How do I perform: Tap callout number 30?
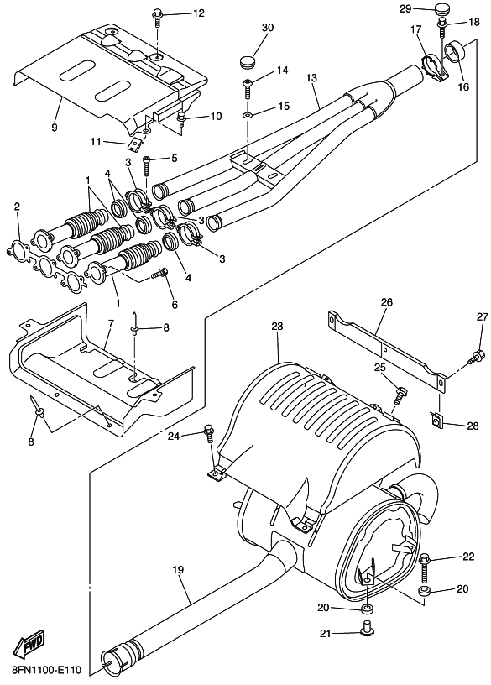click(x=268, y=28)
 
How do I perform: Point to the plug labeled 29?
click(x=444, y=8)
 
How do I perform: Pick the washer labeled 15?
click(x=248, y=115)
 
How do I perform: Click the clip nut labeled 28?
click(x=436, y=420)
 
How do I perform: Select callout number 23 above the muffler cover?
click(x=277, y=327)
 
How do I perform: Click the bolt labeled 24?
click(x=209, y=434)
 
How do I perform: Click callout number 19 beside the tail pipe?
click(x=178, y=570)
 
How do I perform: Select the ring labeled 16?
click(x=455, y=53)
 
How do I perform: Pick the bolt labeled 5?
click(x=146, y=166)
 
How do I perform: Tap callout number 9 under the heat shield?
click(x=55, y=128)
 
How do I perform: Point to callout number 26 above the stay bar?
click(x=386, y=302)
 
